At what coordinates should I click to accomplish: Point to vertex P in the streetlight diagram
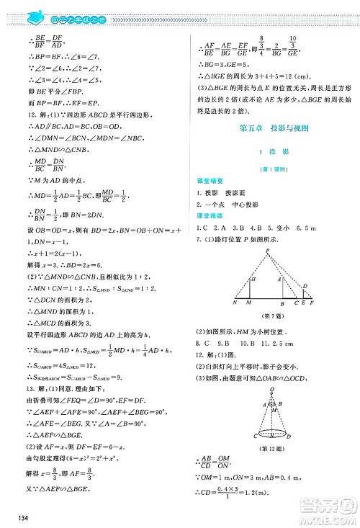click(x=265, y=249)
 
